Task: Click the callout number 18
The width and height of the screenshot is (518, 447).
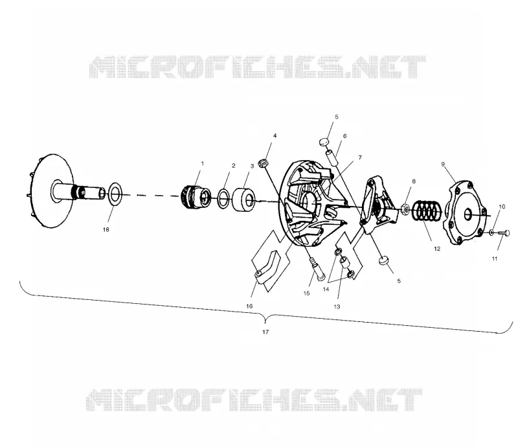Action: (x=106, y=229)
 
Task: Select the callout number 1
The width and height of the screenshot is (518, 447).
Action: (x=203, y=163)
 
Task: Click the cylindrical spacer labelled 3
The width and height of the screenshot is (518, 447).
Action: (x=243, y=200)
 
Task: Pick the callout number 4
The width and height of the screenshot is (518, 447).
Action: (x=275, y=135)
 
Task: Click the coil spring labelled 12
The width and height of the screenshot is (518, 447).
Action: (x=427, y=211)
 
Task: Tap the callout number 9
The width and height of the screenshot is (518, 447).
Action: (x=443, y=164)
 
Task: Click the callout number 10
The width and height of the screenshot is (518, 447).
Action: (x=502, y=207)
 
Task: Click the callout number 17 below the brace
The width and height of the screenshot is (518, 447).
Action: (x=265, y=332)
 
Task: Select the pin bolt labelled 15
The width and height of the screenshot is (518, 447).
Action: (x=317, y=269)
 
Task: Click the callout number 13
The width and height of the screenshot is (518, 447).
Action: (x=337, y=306)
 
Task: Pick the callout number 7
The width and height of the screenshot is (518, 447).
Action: (x=360, y=157)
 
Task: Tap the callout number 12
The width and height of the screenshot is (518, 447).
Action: (x=437, y=249)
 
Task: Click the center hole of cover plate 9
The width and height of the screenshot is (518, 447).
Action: (x=467, y=215)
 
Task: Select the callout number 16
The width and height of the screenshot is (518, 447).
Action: (x=249, y=306)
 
